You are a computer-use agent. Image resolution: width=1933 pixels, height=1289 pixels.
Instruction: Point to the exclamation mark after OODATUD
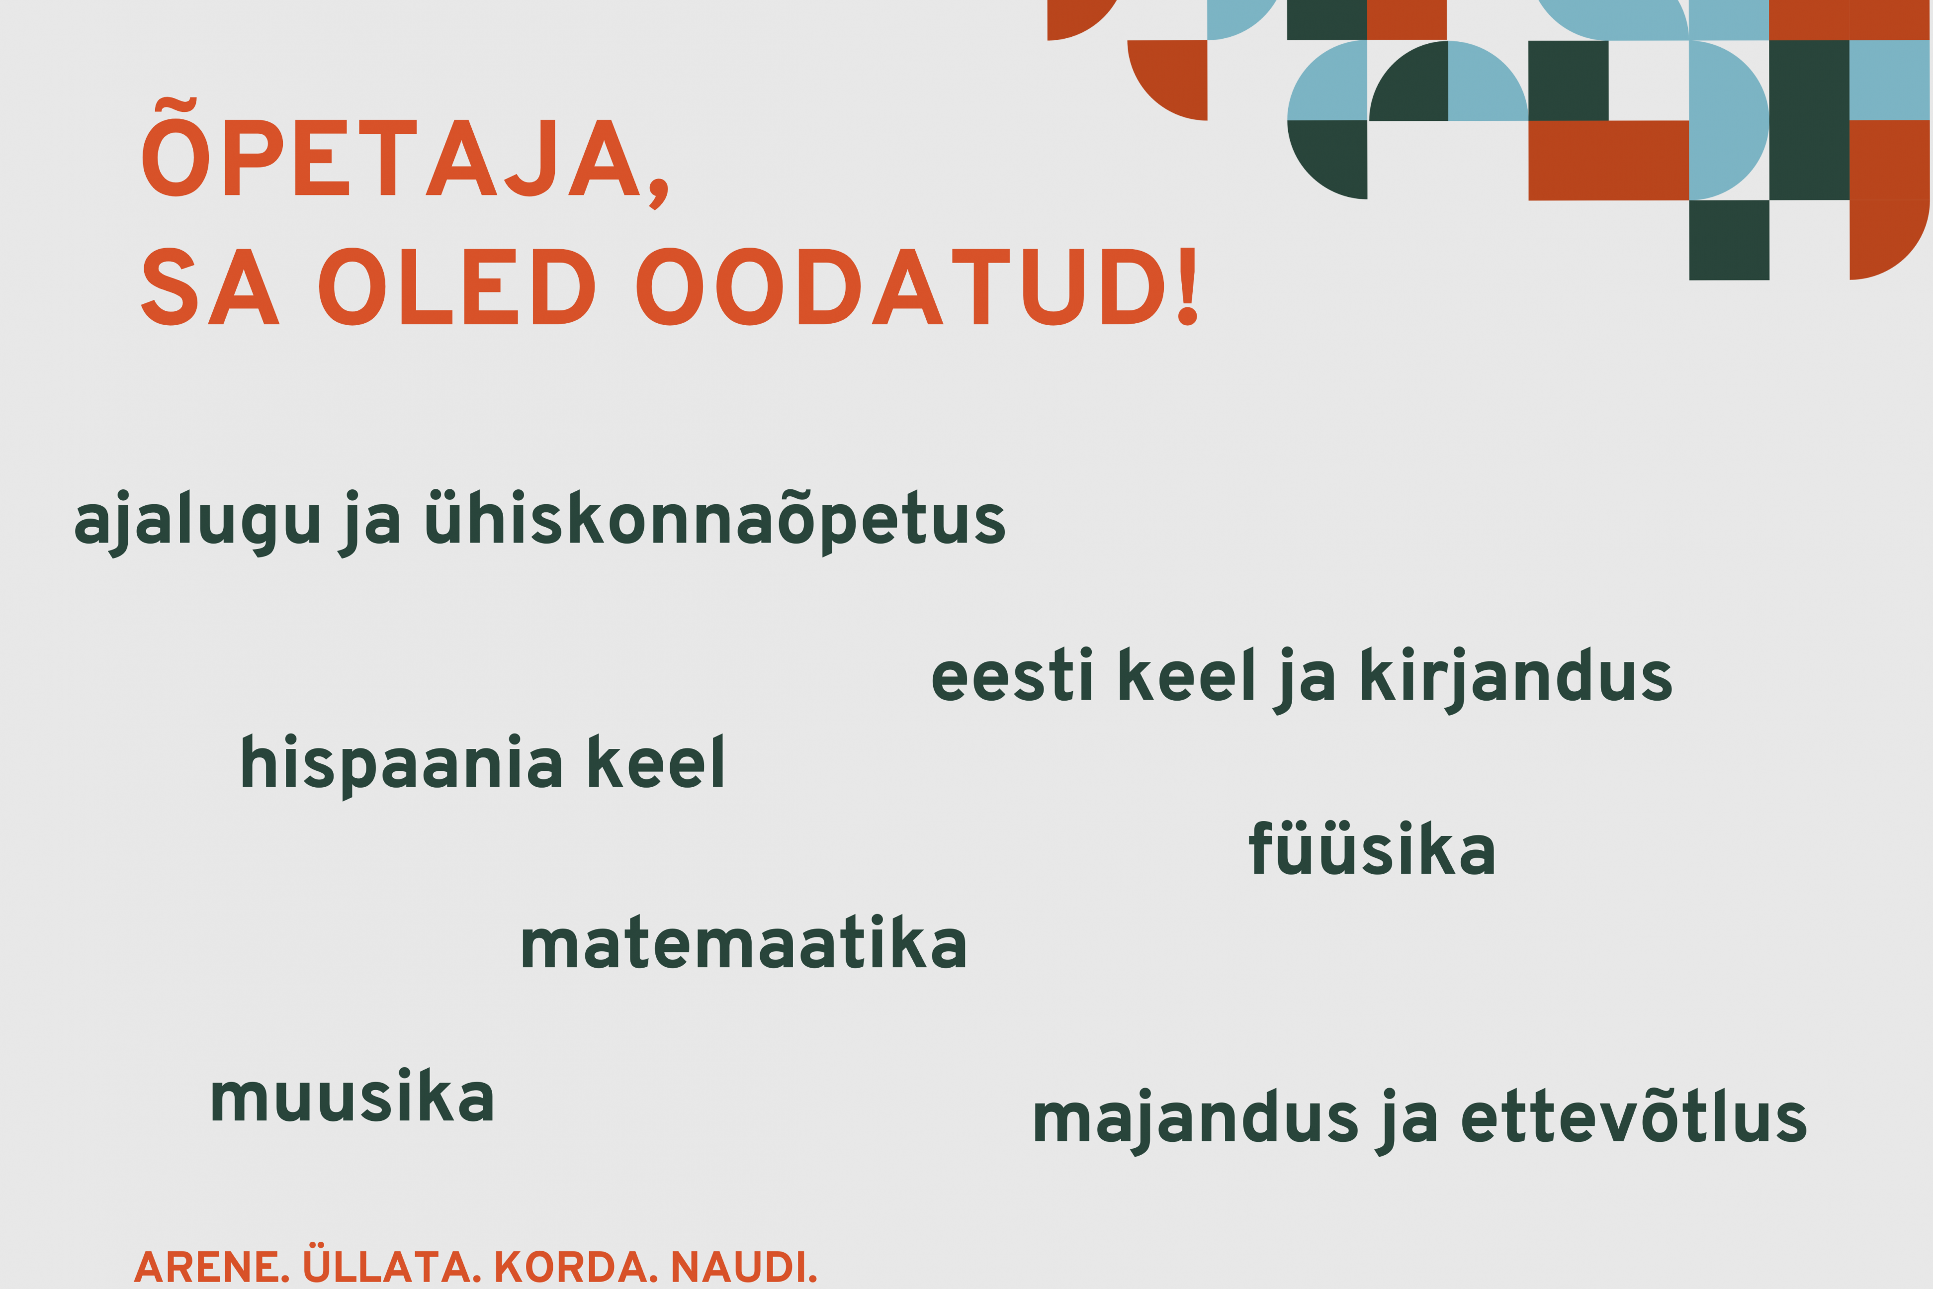click(x=1188, y=286)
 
